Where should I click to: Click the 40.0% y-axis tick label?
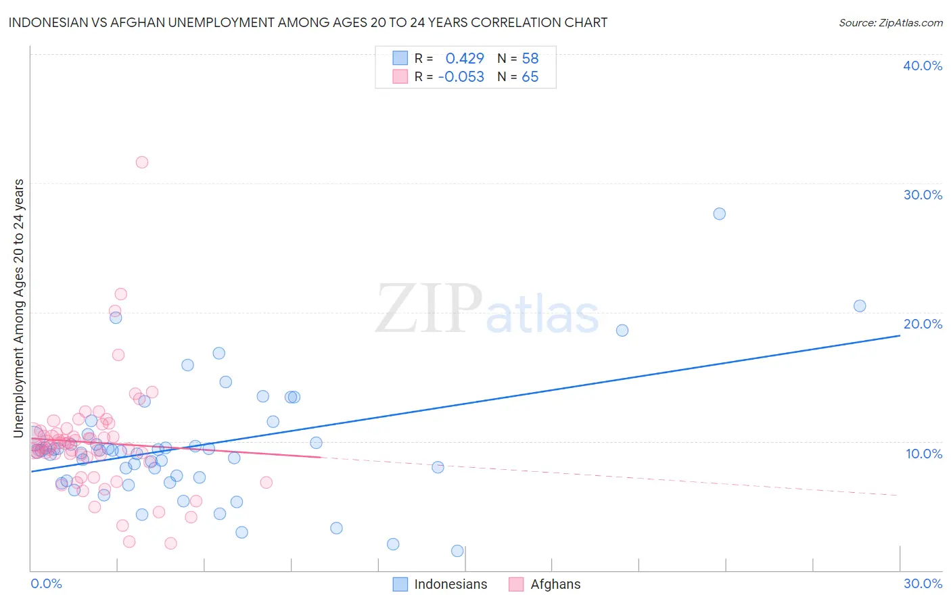point(923,66)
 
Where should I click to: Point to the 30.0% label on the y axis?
point(923,195)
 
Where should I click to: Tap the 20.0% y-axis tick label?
point(923,324)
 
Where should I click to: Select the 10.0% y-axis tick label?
point(924,454)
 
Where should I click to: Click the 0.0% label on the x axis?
point(46,583)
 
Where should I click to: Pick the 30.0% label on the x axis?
point(923,583)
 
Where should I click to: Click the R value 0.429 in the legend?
point(465,59)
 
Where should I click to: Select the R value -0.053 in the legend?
point(461,77)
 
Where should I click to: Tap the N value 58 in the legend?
point(530,59)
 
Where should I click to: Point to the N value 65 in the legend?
point(530,77)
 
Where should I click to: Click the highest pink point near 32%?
point(142,162)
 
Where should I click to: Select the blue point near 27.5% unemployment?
point(719,214)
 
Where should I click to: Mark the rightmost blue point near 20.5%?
point(860,306)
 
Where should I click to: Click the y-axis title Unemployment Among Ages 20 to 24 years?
point(19,308)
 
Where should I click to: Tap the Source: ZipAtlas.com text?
point(890,23)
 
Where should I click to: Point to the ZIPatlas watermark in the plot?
point(487,309)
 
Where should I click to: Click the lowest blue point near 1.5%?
point(457,551)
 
